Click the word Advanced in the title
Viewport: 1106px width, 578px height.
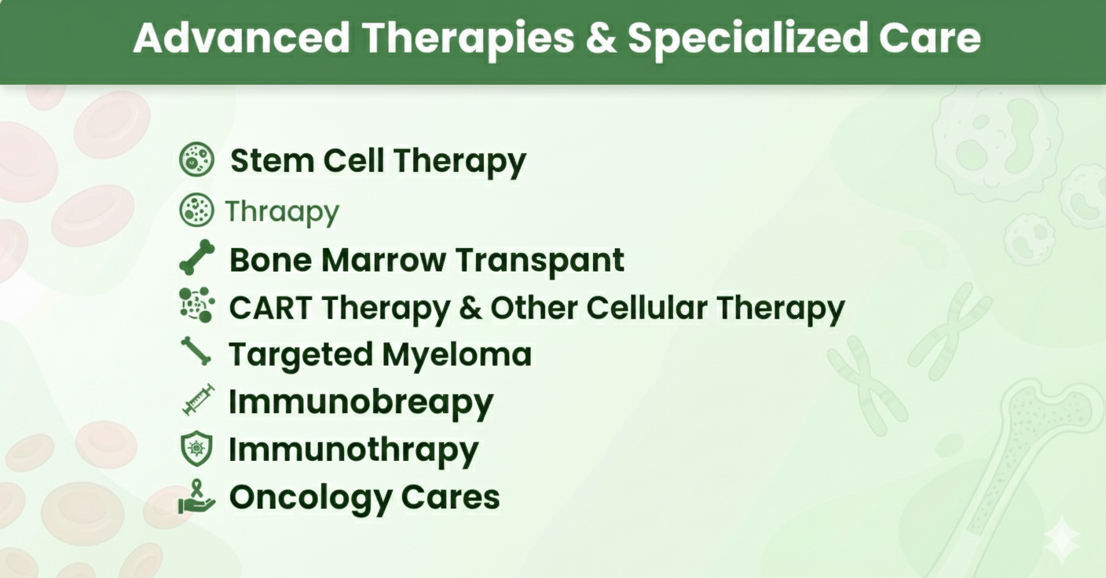(242, 38)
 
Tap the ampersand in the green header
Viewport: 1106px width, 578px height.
(601, 38)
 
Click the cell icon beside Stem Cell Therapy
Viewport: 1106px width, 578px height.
(196, 159)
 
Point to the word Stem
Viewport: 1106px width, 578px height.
(272, 161)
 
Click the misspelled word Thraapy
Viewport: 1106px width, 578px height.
(282, 212)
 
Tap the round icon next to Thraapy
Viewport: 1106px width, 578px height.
(196, 210)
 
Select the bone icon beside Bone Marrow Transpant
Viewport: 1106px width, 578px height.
(197, 257)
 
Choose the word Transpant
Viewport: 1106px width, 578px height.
(540, 261)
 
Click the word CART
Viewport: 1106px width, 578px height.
(270, 308)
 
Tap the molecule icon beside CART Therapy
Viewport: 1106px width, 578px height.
(196, 305)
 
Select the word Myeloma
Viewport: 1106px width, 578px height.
(456, 356)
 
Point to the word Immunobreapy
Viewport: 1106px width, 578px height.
(361, 403)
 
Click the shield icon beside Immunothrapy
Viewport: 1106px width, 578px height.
(196, 448)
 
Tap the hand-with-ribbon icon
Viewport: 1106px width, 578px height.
(196, 496)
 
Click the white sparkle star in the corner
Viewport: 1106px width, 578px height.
(1062, 540)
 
